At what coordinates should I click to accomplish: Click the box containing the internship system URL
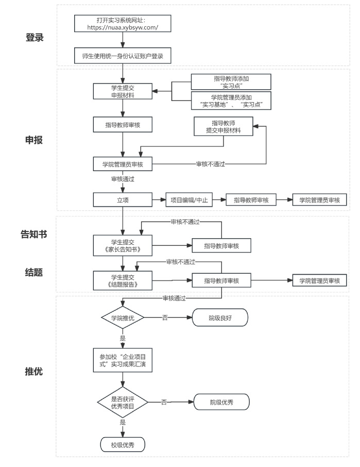click(x=123, y=23)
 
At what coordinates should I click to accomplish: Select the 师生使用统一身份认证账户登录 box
click(x=123, y=56)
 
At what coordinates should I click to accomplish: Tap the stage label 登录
click(x=35, y=38)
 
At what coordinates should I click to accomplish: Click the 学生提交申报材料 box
click(x=122, y=91)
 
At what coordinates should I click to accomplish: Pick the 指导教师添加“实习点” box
click(x=231, y=81)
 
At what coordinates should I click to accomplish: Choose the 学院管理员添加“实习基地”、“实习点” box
click(x=231, y=101)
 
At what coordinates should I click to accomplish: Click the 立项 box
click(x=122, y=200)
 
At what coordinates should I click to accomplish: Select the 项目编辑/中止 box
click(x=189, y=200)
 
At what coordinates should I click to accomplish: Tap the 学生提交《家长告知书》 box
click(x=122, y=245)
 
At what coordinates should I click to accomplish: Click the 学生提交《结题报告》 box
click(x=122, y=280)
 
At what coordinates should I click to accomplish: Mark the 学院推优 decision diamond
click(x=123, y=318)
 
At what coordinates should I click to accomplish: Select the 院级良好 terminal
click(x=220, y=318)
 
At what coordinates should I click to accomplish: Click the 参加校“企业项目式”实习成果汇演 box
click(x=123, y=360)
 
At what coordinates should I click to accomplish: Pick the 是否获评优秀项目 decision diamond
click(x=123, y=402)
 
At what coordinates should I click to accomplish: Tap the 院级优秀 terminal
click(x=221, y=402)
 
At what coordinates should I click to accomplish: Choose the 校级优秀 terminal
click(x=122, y=444)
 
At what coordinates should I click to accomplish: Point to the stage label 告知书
click(x=34, y=235)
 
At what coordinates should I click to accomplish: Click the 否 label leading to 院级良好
click(x=165, y=318)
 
